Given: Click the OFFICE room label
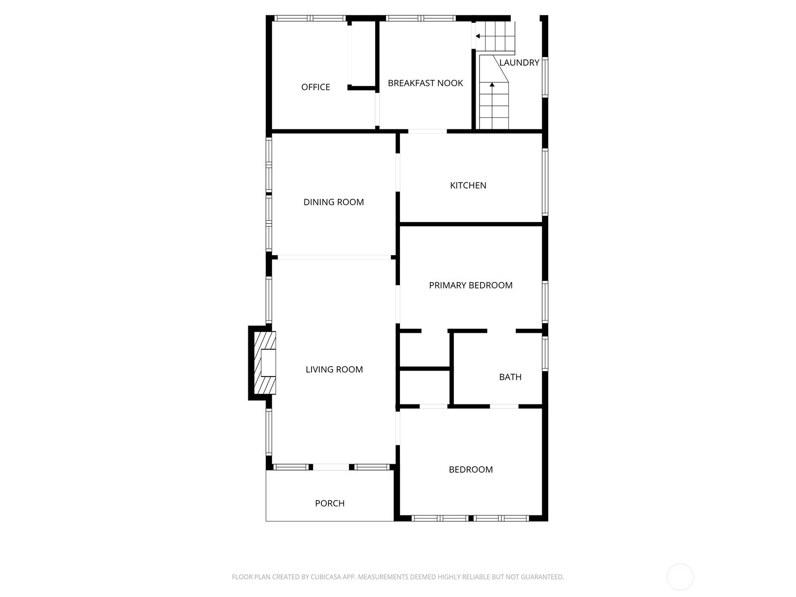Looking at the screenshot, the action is [x=315, y=87].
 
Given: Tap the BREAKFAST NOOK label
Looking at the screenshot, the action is [x=425, y=83].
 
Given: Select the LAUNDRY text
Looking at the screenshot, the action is [x=519, y=63].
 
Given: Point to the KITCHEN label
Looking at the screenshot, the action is [x=468, y=185].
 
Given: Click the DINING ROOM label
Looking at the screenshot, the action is [x=334, y=202].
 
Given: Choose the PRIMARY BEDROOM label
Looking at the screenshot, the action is [x=471, y=285].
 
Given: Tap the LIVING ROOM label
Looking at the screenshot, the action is [x=334, y=369].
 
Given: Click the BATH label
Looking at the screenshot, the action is [x=510, y=377].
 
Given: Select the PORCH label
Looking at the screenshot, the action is [x=330, y=503].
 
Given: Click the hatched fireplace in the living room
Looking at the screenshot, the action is [x=265, y=363].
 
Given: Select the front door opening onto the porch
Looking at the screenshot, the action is [x=331, y=467].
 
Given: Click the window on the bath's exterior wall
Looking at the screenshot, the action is [x=545, y=353].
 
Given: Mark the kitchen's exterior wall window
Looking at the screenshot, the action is [x=545, y=182].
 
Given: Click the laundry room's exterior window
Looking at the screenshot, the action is [x=545, y=77].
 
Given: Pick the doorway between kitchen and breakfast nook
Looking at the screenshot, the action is [x=427, y=131].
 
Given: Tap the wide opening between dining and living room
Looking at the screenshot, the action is [x=334, y=257].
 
